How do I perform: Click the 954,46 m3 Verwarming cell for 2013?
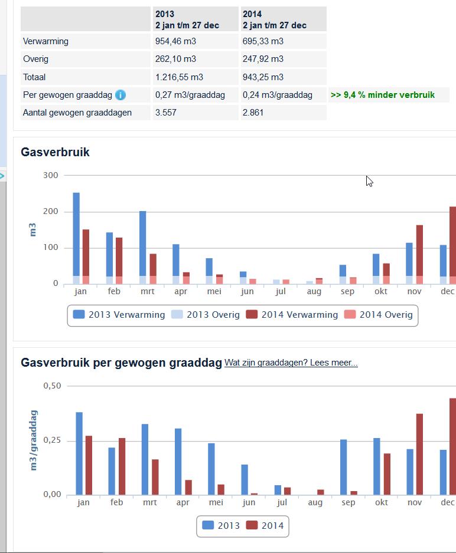(175, 41)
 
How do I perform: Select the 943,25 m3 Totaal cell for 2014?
(263, 77)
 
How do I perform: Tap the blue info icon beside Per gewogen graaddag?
(120, 95)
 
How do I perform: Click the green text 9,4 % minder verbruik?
(382, 95)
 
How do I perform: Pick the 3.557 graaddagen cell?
(166, 112)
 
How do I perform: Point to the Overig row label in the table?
(36, 59)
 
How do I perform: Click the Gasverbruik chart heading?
(55, 152)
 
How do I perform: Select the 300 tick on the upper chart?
(51, 175)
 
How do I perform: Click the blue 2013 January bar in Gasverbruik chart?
(76, 236)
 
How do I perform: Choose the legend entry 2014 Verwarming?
(292, 315)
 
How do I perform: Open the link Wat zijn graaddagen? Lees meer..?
(291, 363)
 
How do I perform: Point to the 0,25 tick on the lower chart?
(52, 440)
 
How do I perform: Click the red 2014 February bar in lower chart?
(122, 466)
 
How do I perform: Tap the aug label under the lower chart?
(315, 502)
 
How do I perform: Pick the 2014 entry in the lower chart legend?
(265, 525)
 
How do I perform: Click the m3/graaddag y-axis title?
(34, 440)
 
